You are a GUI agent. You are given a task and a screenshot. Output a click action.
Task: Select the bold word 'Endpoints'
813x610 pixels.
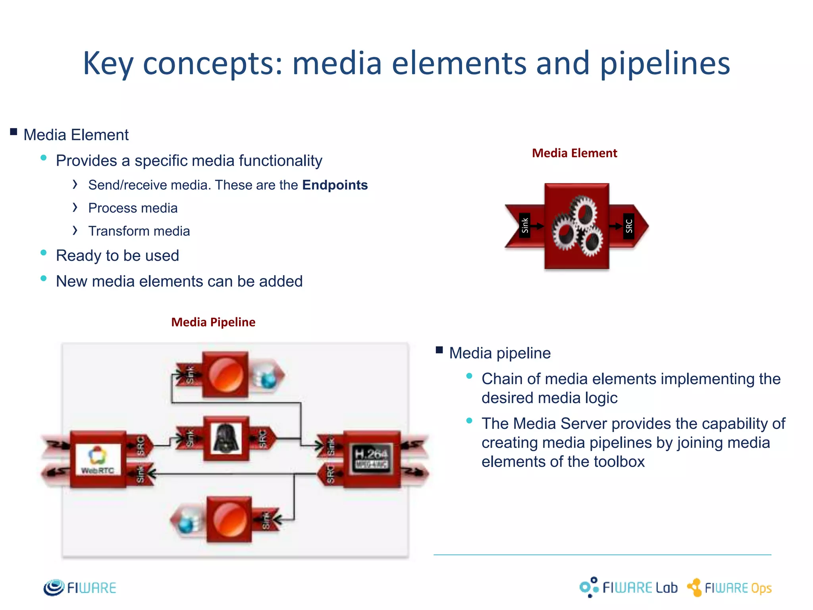pos(335,185)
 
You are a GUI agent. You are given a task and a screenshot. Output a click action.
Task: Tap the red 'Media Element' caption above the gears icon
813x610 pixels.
pos(574,153)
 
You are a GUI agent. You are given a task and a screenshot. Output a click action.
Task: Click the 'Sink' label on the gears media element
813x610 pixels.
pos(525,226)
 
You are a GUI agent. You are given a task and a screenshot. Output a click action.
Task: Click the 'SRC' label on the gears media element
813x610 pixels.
pos(629,226)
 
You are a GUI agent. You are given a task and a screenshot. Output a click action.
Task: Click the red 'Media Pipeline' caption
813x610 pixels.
pos(213,322)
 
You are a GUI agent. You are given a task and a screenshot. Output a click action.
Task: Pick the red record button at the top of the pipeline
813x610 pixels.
pos(225,374)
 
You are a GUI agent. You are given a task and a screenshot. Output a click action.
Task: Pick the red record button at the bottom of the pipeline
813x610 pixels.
pos(229,519)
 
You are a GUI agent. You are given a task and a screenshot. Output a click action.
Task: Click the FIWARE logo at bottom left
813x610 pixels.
pos(80,587)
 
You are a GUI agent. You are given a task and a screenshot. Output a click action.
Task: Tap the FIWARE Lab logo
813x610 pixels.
pos(628,587)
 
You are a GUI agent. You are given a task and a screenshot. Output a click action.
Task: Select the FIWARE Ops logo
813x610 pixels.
pos(729,588)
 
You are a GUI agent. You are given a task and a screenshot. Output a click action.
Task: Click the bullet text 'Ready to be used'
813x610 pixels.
pos(118,255)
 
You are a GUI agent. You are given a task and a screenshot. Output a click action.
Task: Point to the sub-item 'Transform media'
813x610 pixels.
pos(139,231)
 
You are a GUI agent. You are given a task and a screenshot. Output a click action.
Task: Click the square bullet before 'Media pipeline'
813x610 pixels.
pos(439,350)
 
